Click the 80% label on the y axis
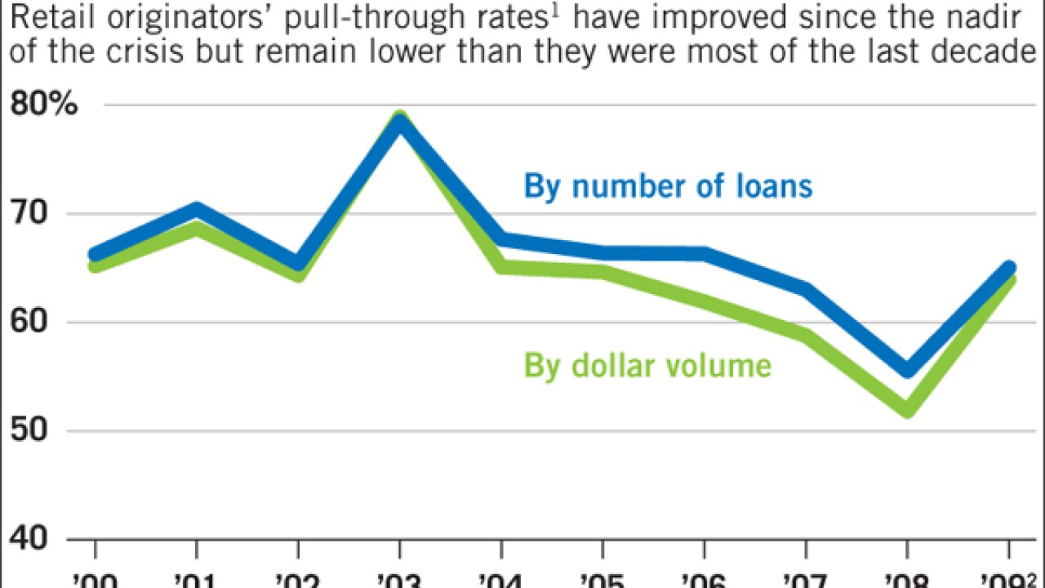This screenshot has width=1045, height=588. click(43, 106)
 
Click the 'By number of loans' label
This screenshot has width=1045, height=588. click(668, 186)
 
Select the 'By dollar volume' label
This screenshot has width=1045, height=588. click(647, 365)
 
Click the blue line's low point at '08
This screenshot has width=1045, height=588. click(908, 370)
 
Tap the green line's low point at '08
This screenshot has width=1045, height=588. click(908, 409)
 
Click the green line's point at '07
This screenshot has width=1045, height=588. click(806, 336)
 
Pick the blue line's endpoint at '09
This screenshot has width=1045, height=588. click(1009, 267)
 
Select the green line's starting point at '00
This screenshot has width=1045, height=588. click(96, 265)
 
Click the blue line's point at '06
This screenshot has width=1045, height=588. click(705, 255)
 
